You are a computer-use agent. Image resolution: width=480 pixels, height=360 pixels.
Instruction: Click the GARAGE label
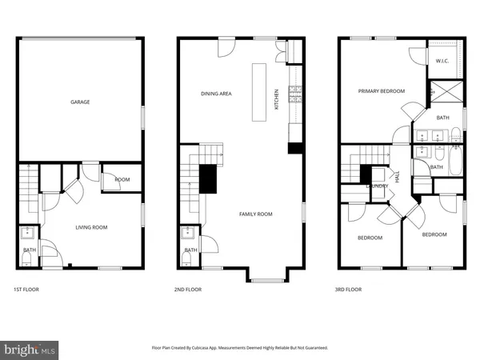(x=79, y=102)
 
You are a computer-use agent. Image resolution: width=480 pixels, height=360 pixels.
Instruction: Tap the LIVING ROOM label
(x=91, y=227)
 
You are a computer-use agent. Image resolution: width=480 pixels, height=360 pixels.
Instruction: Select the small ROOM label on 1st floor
(x=122, y=180)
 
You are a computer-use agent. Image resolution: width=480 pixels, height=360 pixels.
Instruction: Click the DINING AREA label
(x=216, y=94)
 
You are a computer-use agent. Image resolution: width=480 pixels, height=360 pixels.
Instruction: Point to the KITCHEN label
(x=277, y=98)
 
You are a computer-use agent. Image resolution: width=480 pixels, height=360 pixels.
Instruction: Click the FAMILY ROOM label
(x=256, y=214)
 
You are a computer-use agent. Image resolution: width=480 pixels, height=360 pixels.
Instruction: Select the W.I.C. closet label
(x=442, y=62)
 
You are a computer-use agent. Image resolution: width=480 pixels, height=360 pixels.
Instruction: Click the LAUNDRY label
(x=377, y=186)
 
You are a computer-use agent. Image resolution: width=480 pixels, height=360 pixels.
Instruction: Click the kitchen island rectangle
(x=258, y=92)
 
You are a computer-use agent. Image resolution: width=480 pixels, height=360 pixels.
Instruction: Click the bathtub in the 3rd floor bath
(x=454, y=166)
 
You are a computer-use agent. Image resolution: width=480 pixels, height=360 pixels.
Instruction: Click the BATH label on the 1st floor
(x=28, y=250)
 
